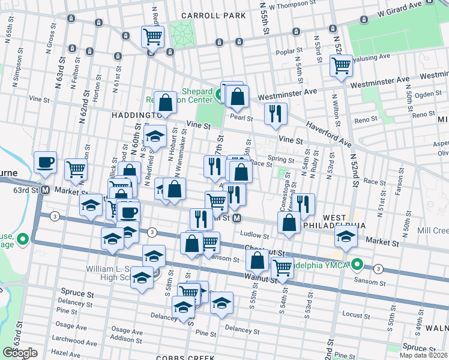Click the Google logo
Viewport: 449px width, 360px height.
click(x=19, y=352)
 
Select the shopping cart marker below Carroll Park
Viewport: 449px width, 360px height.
click(x=152, y=36)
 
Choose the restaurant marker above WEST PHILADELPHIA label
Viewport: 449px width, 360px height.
click(x=304, y=204)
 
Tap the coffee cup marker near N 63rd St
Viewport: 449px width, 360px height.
click(x=45, y=162)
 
